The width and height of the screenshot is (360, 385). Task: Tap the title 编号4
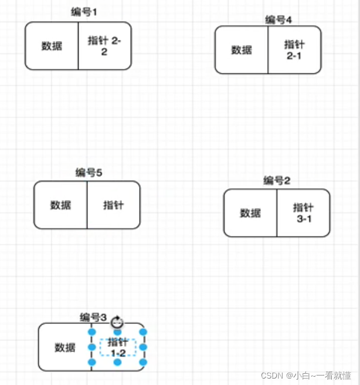(279, 20)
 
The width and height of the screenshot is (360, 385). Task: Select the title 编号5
(89, 173)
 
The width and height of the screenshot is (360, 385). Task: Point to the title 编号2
(277, 180)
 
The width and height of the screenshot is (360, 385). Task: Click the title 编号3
(93, 318)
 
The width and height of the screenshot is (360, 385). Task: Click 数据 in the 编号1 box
(52, 46)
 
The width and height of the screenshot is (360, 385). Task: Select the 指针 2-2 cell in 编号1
(104, 46)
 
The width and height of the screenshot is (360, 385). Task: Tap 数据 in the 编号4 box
(242, 50)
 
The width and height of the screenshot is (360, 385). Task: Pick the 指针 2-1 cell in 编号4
(294, 50)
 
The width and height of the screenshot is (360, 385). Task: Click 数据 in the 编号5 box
(60, 205)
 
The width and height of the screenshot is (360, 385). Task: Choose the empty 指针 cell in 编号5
(113, 205)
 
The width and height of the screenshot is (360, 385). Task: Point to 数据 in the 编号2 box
(250, 212)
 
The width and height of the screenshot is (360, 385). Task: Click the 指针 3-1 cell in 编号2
(303, 212)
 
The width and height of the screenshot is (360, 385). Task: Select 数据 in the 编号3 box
(65, 347)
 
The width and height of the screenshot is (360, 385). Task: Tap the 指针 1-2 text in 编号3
(118, 347)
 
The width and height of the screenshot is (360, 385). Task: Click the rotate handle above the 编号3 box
(117, 322)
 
